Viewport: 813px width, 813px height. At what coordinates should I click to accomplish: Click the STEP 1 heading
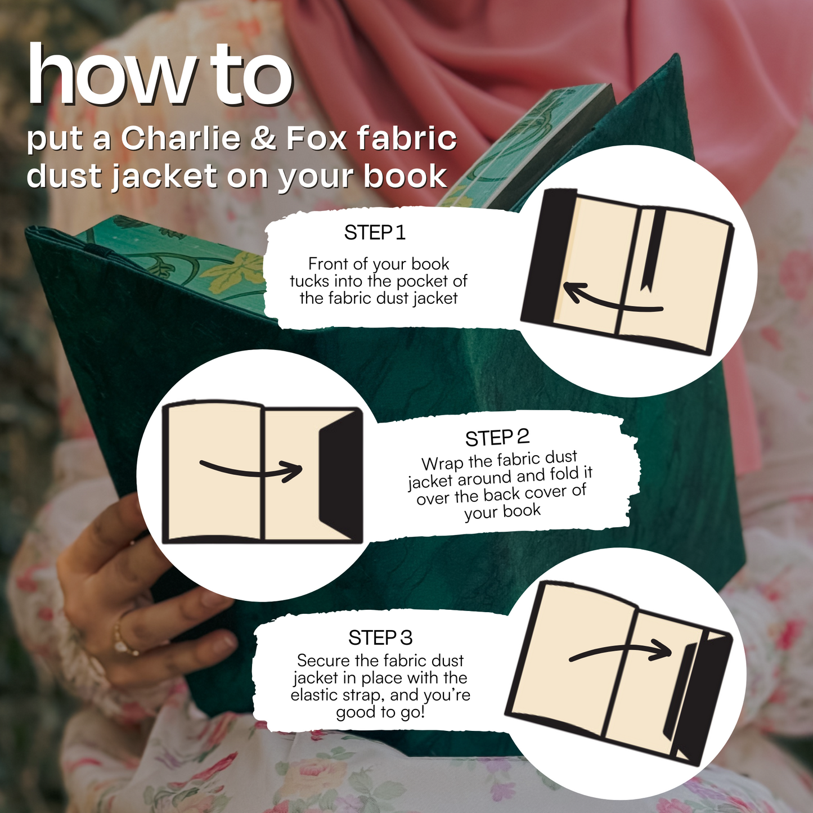[375, 232]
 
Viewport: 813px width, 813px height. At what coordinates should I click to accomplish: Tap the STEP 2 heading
[497, 438]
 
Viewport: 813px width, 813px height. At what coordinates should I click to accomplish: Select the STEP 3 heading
[380, 637]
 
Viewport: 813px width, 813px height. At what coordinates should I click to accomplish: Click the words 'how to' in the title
[160, 76]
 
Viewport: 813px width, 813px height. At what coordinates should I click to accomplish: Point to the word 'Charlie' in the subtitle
[181, 138]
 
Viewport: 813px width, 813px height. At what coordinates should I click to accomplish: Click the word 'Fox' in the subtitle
[316, 138]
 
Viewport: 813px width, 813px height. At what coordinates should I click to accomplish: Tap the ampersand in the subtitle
[263, 138]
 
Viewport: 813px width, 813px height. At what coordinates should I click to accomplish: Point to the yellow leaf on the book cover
[234, 268]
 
